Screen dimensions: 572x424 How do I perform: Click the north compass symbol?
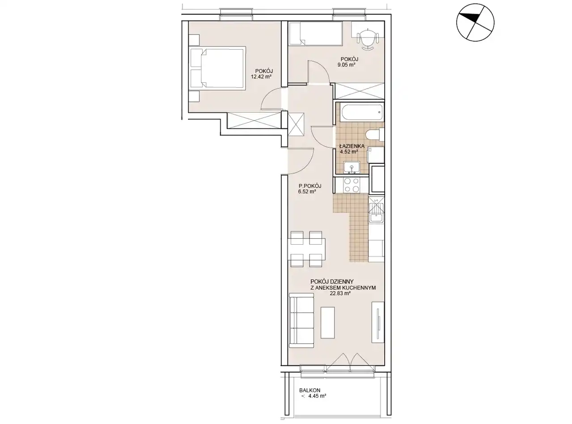point(475,22)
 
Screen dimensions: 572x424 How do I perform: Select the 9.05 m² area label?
point(347,65)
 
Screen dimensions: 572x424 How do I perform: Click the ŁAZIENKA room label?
point(352,146)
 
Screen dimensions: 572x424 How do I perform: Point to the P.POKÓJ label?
point(310,186)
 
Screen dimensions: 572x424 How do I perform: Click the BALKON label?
point(310,390)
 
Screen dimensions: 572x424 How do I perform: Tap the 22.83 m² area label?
point(340,293)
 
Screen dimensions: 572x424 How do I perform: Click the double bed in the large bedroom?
point(218,68)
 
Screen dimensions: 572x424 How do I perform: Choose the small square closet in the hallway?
point(296,124)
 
